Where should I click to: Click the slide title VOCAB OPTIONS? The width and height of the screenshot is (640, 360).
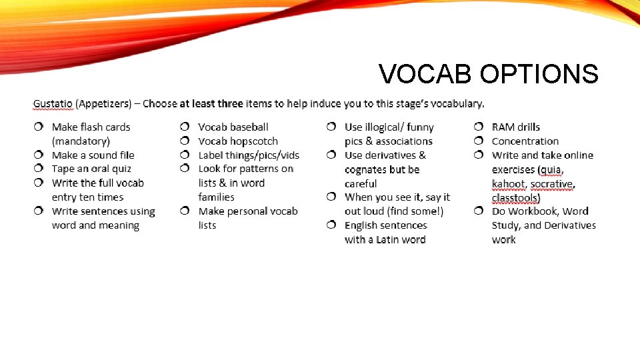[x=488, y=74]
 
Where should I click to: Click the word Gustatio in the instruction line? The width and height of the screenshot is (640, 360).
[x=53, y=104]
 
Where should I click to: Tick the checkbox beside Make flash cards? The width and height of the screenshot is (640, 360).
[x=39, y=127]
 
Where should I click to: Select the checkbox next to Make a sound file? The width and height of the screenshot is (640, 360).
[x=39, y=155]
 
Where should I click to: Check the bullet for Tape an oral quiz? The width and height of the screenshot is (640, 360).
[x=39, y=169]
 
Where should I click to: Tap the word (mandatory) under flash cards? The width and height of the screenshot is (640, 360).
[x=81, y=141]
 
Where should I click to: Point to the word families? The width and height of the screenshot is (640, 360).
[x=216, y=197]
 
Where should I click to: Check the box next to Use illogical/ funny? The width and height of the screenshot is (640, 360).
[x=331, y=127]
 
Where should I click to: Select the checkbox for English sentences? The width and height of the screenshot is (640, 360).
[x=331, y=225]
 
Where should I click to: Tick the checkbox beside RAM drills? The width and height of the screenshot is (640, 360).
[x=479, y=127]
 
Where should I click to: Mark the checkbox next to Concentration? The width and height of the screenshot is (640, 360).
[x=479, y=141]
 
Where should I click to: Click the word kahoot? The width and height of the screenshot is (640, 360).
[x=508, y=184]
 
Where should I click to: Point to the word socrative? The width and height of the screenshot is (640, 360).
[x=551, y=184]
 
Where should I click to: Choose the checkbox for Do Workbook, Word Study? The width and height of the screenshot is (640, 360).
[x=479, y=211]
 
